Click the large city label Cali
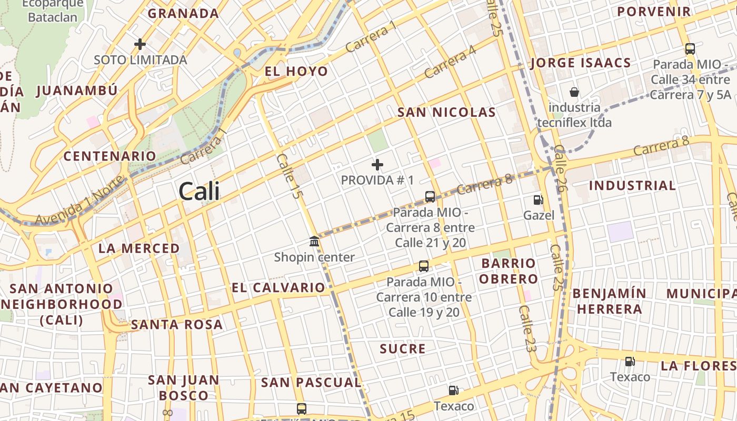pos(199,191)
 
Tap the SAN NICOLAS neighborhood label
pos(446,112)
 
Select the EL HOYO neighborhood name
pos(296,72)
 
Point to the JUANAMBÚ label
pos(77,91)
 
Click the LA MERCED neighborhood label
pos(139,248)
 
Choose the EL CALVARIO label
pos(278,288)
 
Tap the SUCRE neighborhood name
pos(403,349)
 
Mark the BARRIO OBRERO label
pos(508,271)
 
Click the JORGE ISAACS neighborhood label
pos(581,63)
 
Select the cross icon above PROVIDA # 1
pos(377,165)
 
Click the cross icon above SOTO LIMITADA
pos(140,44)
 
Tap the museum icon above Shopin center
pos(314,242)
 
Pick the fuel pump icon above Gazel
pos(538,200)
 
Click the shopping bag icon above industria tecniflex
pos(574,92)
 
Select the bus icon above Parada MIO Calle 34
pos(690,49)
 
